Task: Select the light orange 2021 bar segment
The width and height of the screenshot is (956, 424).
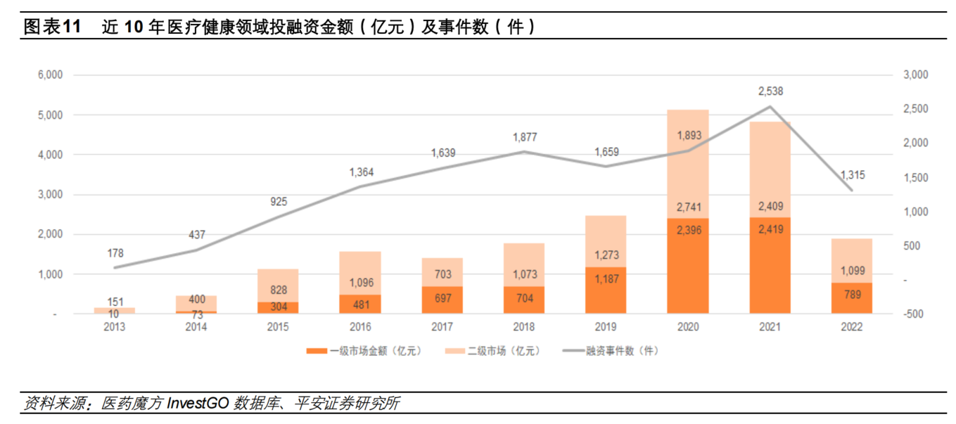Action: tap(770, 169)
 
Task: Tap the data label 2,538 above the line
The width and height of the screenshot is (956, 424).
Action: tap(770, 91)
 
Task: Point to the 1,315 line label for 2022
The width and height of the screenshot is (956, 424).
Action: tap(852, 175)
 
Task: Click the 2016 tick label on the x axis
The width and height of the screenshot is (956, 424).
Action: tap(359, 327)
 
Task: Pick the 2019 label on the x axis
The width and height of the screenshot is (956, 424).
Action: tap(606, 327)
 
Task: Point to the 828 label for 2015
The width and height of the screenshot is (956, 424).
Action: tap(278, 290)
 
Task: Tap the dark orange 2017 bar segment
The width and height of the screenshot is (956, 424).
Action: tap(442, 300)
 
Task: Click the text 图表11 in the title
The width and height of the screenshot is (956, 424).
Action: tap(53, 27)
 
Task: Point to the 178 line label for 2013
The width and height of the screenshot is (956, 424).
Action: tap(114, 253)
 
